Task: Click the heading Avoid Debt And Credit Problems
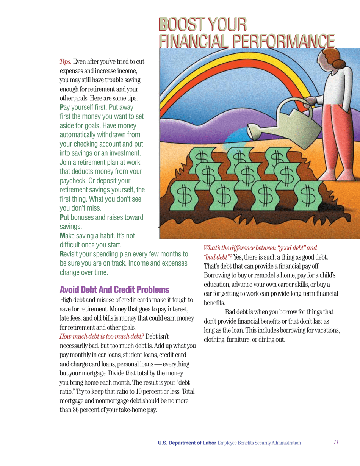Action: click(x=114, y=290)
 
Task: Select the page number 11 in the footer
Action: click(x=336, y=443)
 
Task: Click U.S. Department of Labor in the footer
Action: click(x=187, y=443)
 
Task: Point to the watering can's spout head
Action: click(x=256, y=132)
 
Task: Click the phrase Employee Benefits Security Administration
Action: click(x=259, y=443)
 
